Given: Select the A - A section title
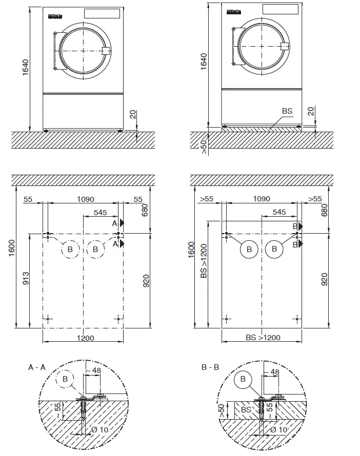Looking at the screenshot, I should tap(37, 367).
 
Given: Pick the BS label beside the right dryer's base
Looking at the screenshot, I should tap(287, 111).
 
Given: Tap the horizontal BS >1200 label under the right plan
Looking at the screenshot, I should tap(263, 338).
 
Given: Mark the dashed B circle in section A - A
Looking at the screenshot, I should tap(65, 379).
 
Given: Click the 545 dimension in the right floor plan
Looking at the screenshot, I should tap(279, 212).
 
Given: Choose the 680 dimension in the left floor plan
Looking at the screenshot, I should tap(145, 209).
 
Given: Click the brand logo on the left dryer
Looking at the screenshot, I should tap(55, 15).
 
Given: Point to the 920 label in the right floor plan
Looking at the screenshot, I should tap(324, 279).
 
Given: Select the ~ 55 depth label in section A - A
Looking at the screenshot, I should tap(57, 409).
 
